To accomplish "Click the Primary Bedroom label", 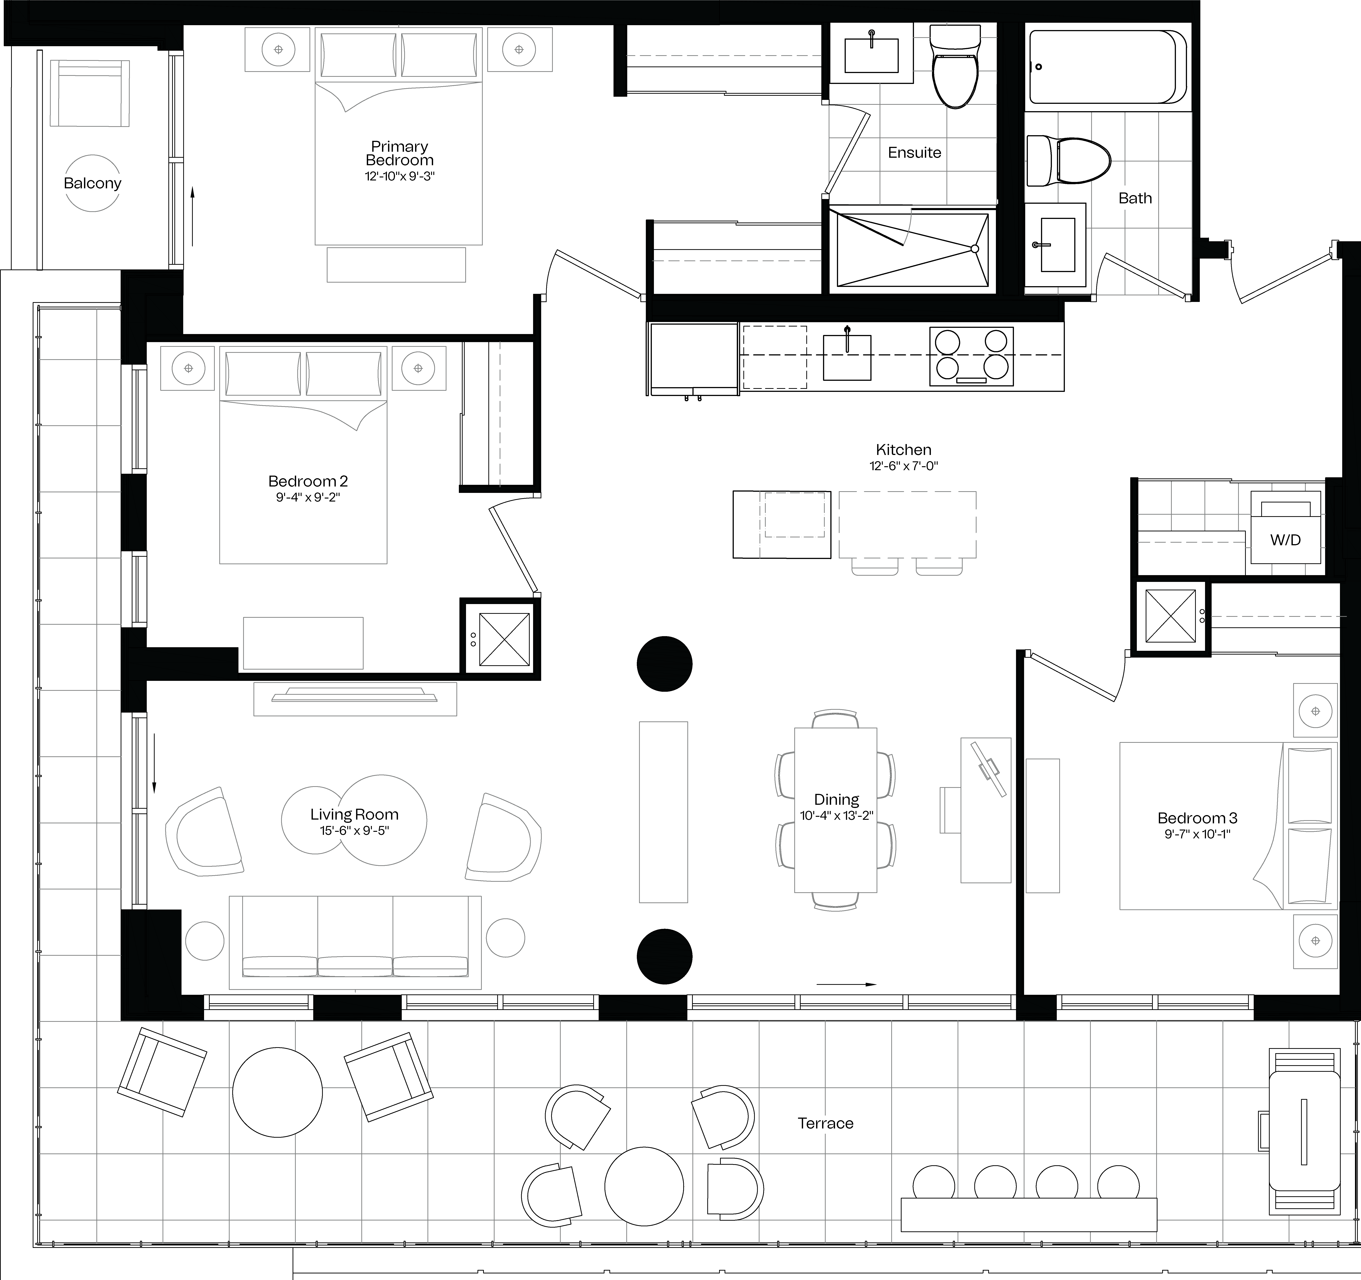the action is point(400,153).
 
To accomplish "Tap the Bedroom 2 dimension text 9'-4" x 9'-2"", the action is point(308,497).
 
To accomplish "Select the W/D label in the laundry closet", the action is point(1285,540).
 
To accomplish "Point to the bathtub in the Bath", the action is point(1108,66).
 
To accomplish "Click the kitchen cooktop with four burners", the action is point(971,356).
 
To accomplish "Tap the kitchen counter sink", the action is point(847,357).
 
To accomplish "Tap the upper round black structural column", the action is point(664,664).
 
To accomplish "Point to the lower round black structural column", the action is point(664,956).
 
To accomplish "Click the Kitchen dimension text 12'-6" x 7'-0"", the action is point(904,466).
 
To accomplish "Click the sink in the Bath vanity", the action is point(1058,245).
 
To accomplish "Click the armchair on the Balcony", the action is point(90,93).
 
